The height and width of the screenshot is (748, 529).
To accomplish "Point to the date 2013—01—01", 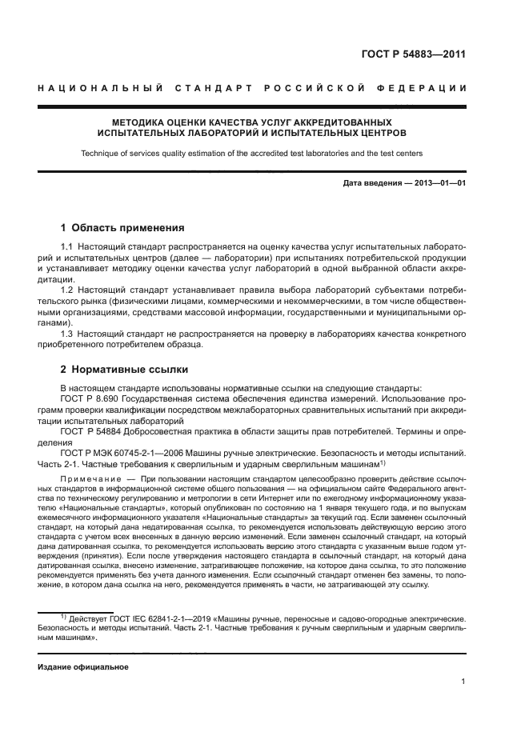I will point(439,184).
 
